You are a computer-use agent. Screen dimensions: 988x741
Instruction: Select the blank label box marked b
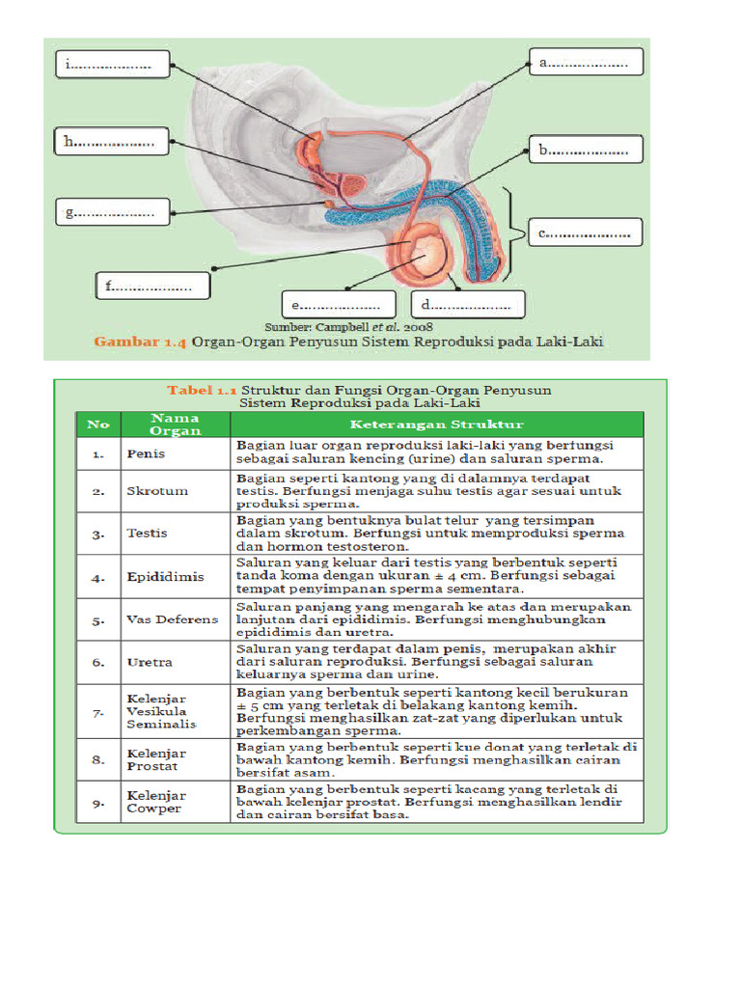586,150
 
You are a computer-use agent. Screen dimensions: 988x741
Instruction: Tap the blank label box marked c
586,233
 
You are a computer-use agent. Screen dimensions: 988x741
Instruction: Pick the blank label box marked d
468,305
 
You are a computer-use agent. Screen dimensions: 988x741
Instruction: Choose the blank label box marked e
338,305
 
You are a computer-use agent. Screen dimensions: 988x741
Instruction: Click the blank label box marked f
152,286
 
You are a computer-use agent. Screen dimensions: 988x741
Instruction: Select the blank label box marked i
113,65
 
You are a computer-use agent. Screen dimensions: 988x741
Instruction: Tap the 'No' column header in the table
98,424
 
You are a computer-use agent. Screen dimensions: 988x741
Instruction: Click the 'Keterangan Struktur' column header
436,424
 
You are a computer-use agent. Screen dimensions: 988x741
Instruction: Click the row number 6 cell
98,663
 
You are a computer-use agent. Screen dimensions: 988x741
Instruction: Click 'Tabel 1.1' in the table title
202,390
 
